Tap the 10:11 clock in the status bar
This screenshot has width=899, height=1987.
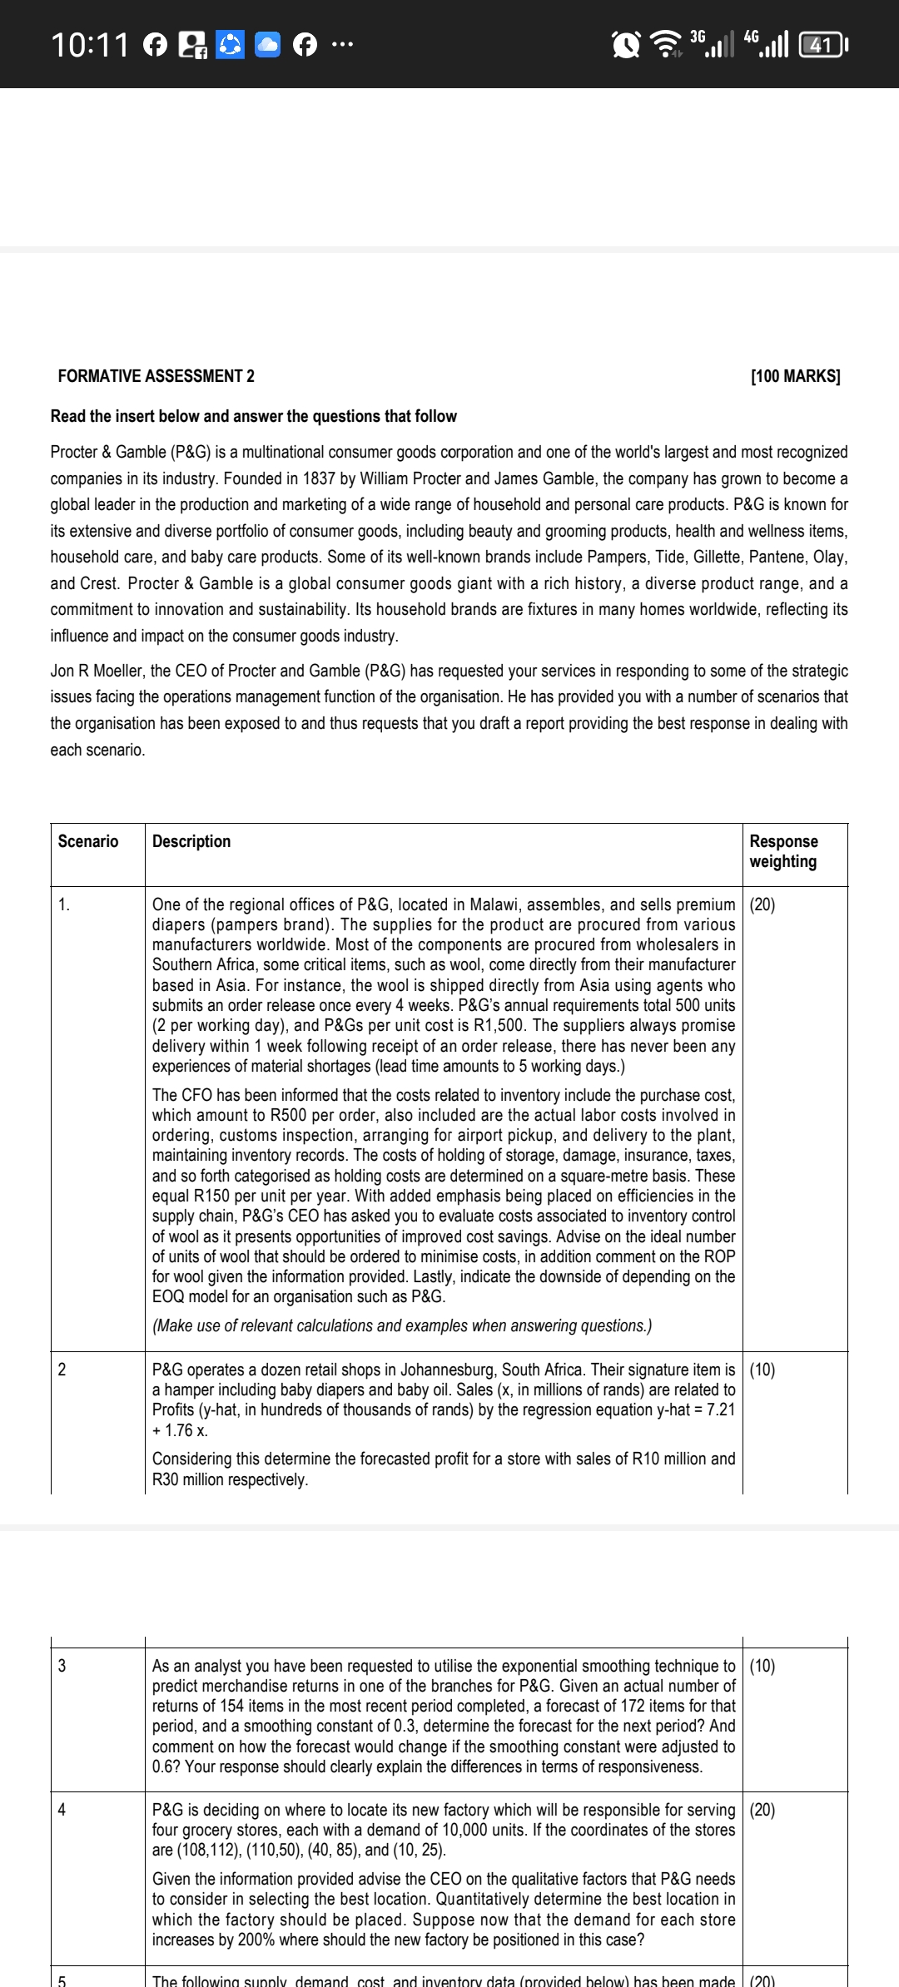click(90, 44)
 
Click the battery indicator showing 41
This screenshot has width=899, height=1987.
click(822, 44)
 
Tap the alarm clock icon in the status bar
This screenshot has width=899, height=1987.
click(625, 44)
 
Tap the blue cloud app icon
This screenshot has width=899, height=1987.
click(267, 44)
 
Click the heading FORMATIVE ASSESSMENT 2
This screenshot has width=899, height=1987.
click(156, 376)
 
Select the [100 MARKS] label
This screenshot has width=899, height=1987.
click(795, 376)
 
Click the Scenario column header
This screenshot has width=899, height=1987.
click(88, 841)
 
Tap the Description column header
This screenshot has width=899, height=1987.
click(191, 841)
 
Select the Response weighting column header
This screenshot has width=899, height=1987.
click(783, 851)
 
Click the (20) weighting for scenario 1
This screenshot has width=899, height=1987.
click(762, 904)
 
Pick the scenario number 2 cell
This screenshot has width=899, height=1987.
click(62, 1370)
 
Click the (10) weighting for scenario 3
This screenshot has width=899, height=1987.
click(762, 1666)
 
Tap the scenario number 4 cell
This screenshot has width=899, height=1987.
click(62, 1810)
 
